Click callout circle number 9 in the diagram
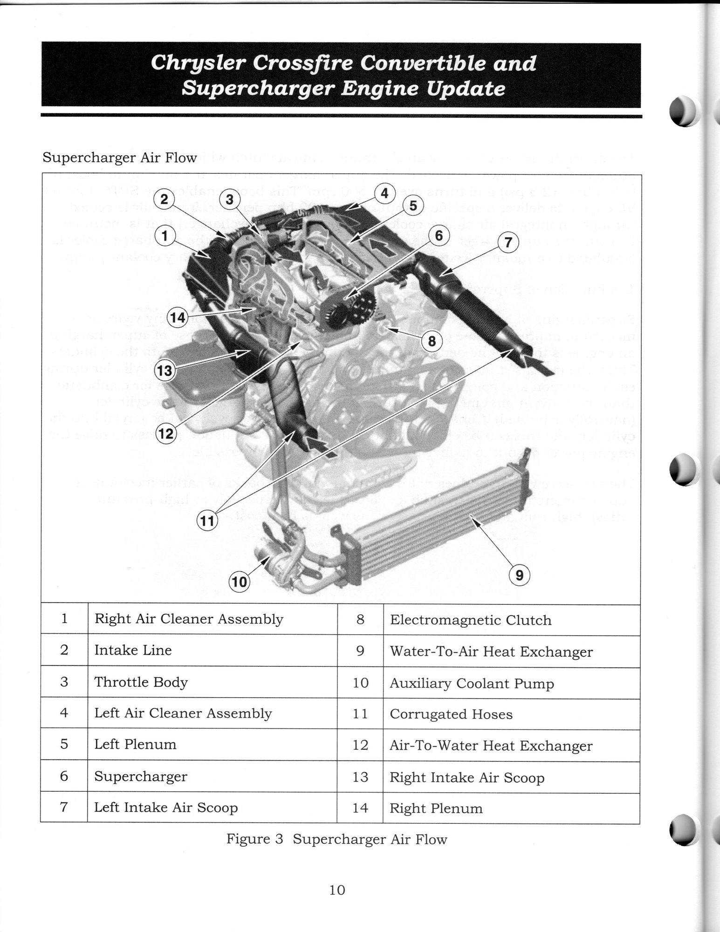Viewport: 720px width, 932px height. click(520, 576)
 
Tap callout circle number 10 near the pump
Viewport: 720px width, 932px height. click(239, 582)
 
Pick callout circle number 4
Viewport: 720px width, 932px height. click(384, 192)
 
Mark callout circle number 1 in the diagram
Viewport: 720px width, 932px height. click(164, 236)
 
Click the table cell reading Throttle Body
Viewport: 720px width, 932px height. click(141, 682)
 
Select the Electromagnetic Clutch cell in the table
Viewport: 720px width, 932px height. click(471, 620)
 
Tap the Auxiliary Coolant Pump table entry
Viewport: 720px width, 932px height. click(472, 684)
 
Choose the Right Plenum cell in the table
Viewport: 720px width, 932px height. click(436, 808)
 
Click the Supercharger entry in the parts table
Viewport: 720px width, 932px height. click(141, 776)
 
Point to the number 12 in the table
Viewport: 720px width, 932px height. click(360, 745)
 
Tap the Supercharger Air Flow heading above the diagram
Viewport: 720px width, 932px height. click(120, 158)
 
